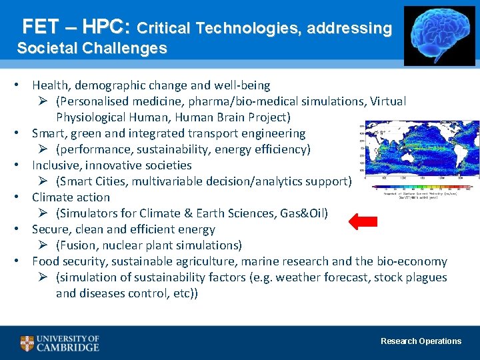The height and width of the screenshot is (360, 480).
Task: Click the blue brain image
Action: [x=439, y=36]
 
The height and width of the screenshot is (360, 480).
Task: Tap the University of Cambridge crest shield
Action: [x=27, y=343]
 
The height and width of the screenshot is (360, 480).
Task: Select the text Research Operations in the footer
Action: [x=421, y=341]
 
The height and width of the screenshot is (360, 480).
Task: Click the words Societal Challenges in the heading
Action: [x=92, y=49]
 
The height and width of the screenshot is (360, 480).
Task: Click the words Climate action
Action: [x=71, y=197]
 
